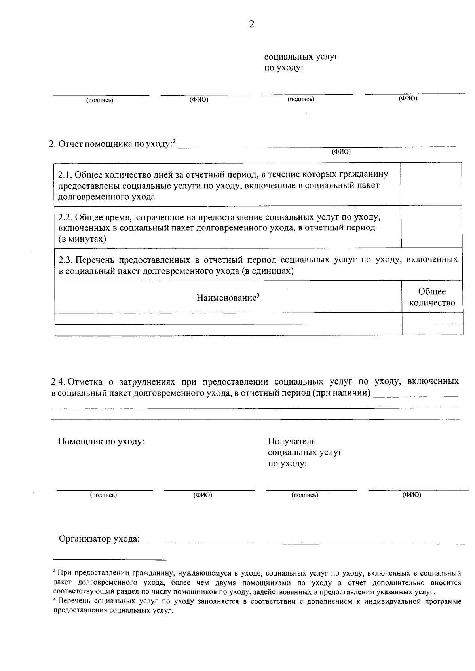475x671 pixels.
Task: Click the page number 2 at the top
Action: click(x=251, y=25)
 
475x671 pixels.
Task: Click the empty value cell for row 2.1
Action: click(x=431, y=184)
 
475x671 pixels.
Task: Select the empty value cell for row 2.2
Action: click(x=431, y=226)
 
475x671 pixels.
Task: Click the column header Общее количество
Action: click(x=432, y=297)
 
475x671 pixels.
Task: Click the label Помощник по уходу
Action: click(x=101, y=441)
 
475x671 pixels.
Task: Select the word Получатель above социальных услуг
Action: click(x=292, y=441)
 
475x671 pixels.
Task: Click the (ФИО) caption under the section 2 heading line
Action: click(x=341, y=152)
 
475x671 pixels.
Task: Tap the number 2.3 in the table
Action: click(x=65, y=260)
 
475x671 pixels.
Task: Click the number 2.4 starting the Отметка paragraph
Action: click(x=58, y=382)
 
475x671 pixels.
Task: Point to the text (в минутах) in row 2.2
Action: click(x=82, y=239)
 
